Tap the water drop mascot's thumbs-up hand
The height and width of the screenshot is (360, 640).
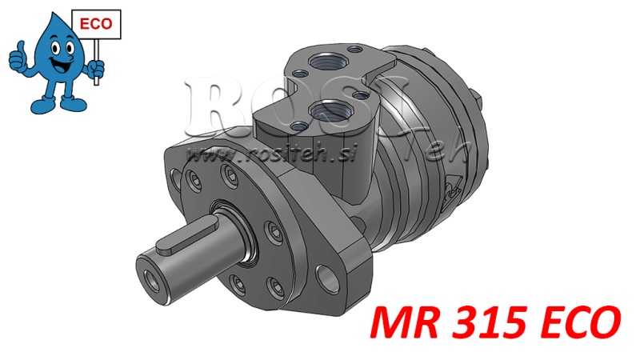click(x=18, y=57)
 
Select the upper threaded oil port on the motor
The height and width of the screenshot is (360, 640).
click(x=327, y=58)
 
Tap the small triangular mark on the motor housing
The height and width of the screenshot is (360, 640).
click(x=453, y=188)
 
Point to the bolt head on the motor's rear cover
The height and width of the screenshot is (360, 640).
click(x=482, y=103)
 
